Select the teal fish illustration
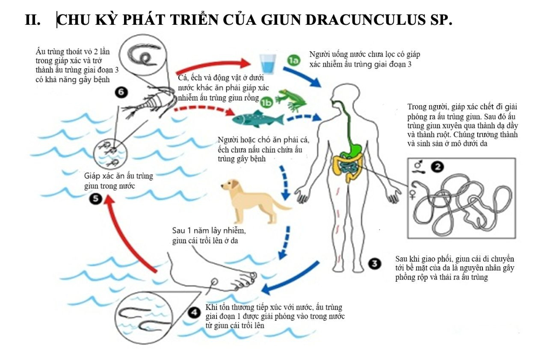coord(259,118)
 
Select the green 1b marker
coord(267,102)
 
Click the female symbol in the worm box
coord(414,192)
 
